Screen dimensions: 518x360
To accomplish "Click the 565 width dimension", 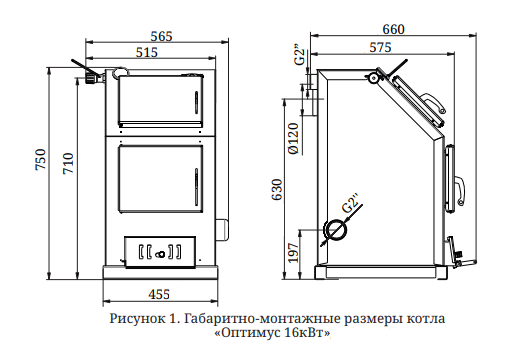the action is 161,36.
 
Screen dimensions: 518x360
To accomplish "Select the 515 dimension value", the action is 147,52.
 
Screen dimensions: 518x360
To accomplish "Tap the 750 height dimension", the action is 41,159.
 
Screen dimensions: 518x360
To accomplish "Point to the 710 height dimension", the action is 68,163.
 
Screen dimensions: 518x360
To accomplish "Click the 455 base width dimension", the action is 159,294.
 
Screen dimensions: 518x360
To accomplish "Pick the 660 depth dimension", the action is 393,29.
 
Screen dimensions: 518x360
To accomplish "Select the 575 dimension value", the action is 380,47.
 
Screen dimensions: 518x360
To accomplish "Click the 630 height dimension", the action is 277,190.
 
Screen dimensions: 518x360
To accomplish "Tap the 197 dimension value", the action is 293,252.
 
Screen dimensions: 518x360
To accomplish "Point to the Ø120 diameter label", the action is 293,139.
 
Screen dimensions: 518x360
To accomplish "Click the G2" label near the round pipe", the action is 351,202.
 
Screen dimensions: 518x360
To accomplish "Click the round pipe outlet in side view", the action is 336,230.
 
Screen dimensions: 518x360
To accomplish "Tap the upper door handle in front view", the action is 196,101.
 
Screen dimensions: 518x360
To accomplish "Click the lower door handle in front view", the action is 196,186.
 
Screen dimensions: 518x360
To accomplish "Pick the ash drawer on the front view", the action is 160,252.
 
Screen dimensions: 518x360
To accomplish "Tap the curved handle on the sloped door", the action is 434,102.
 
